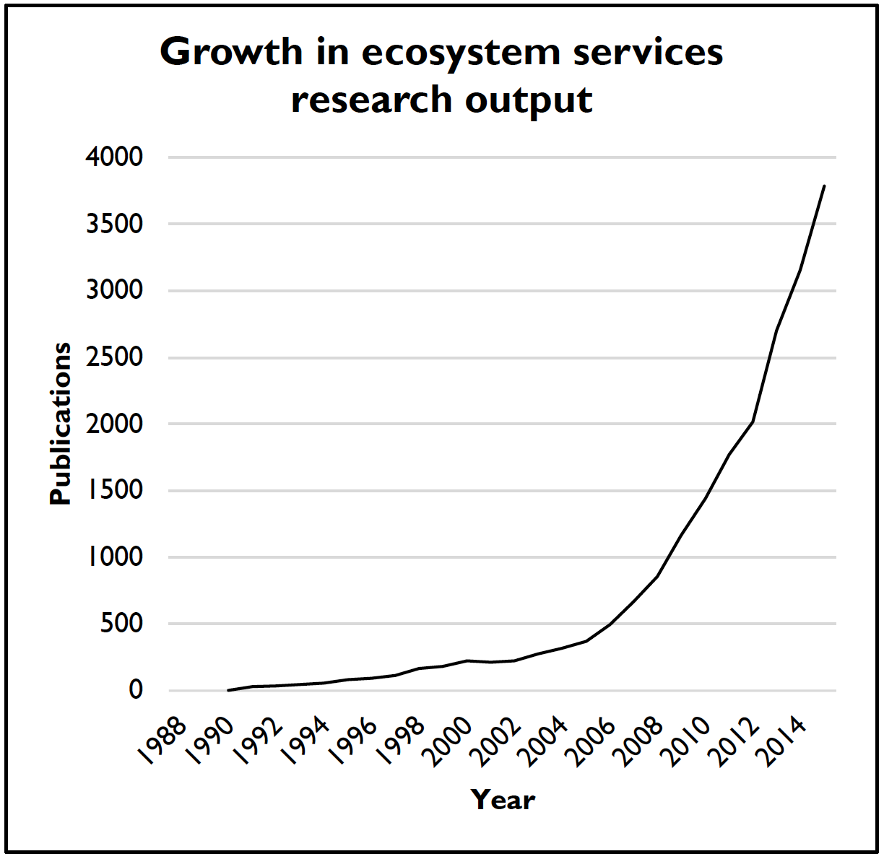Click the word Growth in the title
[231, 53]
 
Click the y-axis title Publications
[61, 424]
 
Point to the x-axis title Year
[503, 800]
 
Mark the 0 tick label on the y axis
[136, 691]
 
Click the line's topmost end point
[824, 186]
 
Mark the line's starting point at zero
[228, 691]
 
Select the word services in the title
[646, 53]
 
